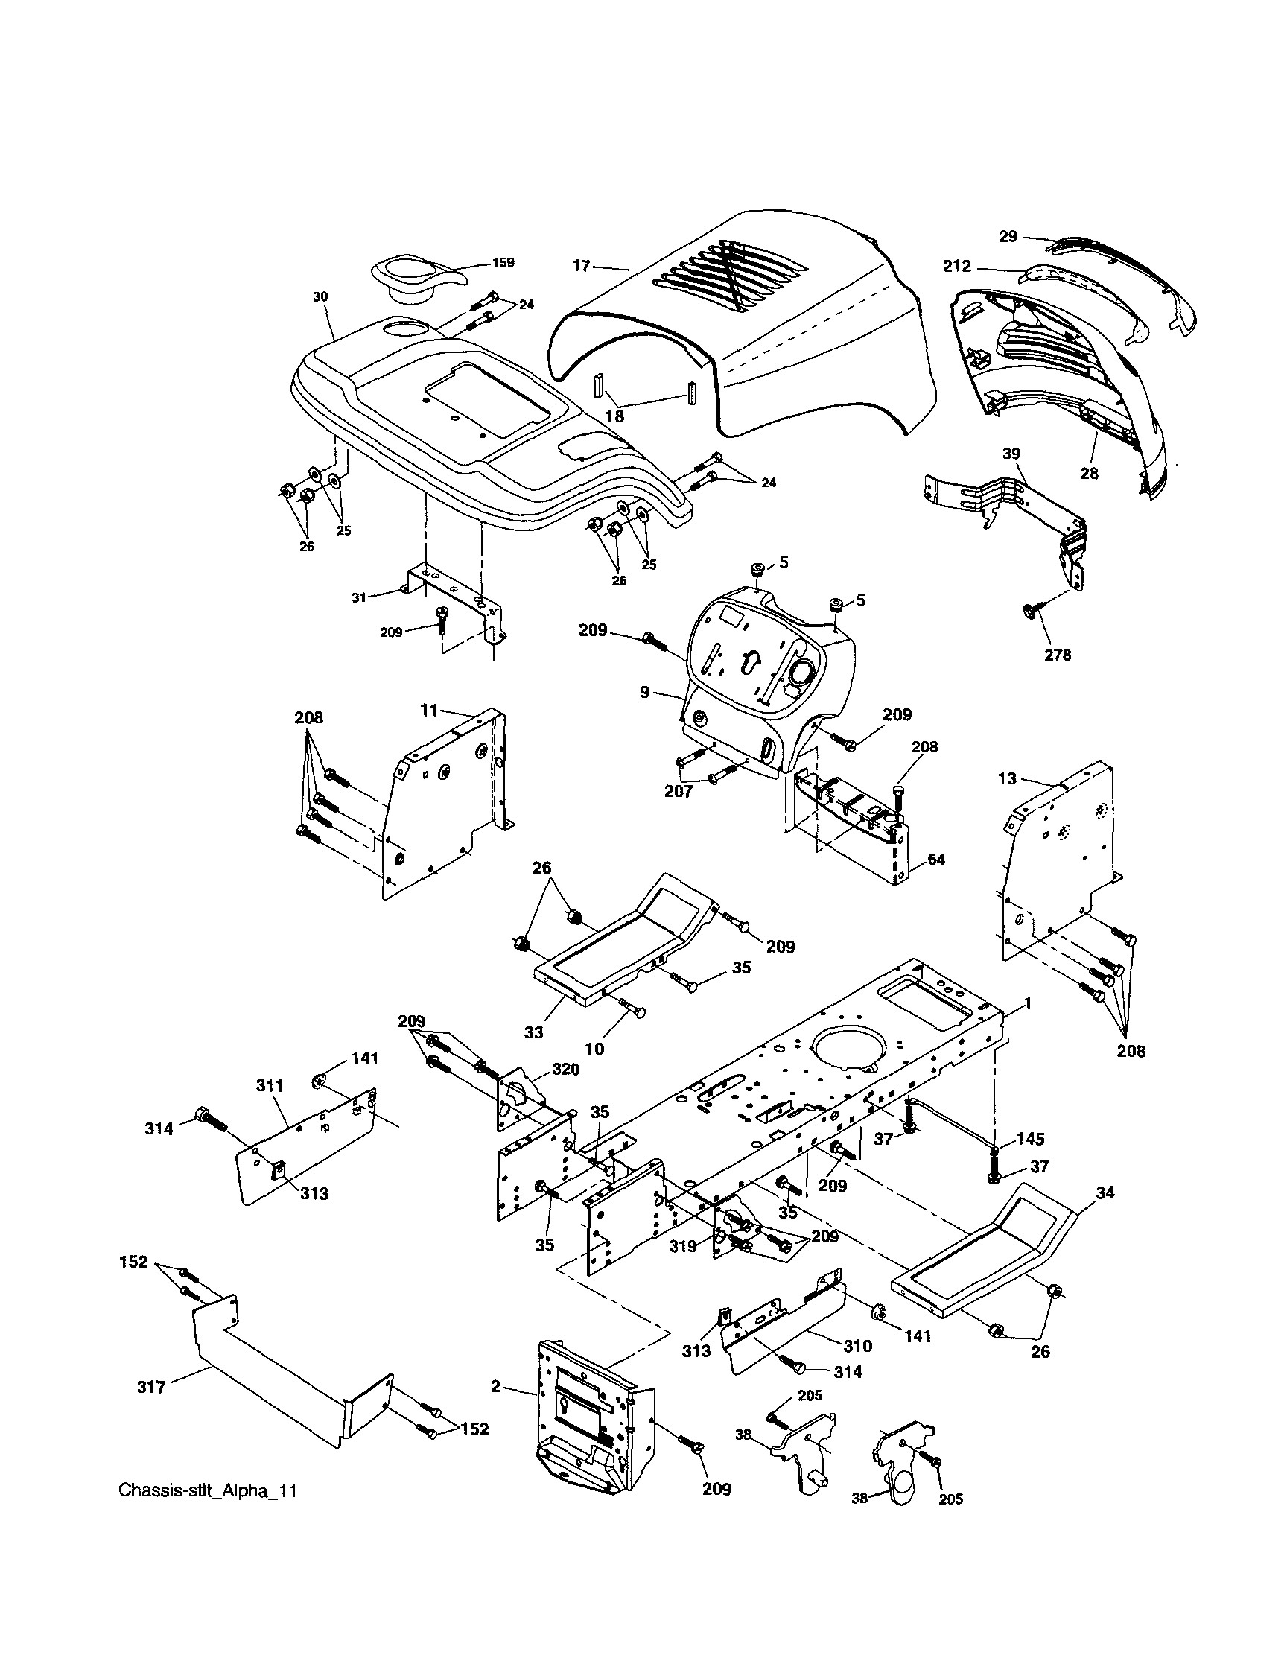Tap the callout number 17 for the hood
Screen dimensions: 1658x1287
tap(581, 266)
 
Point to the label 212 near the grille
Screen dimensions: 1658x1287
tap(957, 267)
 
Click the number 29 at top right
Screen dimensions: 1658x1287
tap(1008, 236)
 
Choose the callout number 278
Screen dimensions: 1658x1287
tap(1057, 655)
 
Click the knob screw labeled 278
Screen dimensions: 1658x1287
tap(1030, 609)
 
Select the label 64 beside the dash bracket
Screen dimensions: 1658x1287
tap(936, 860)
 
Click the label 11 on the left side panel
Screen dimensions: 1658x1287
tap(429, 710)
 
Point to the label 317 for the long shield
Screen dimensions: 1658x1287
tap(151, 1388)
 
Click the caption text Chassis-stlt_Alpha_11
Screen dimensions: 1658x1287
tap(207, 1491)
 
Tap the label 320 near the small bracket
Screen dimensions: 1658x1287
tap(566, 1070)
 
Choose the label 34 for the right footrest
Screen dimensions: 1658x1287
tap(1105, 1192)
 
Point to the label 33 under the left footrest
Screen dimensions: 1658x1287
tap(534, 1032)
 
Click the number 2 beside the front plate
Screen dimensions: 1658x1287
tap(495, 1387)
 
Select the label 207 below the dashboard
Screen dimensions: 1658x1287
tap(678, 792)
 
